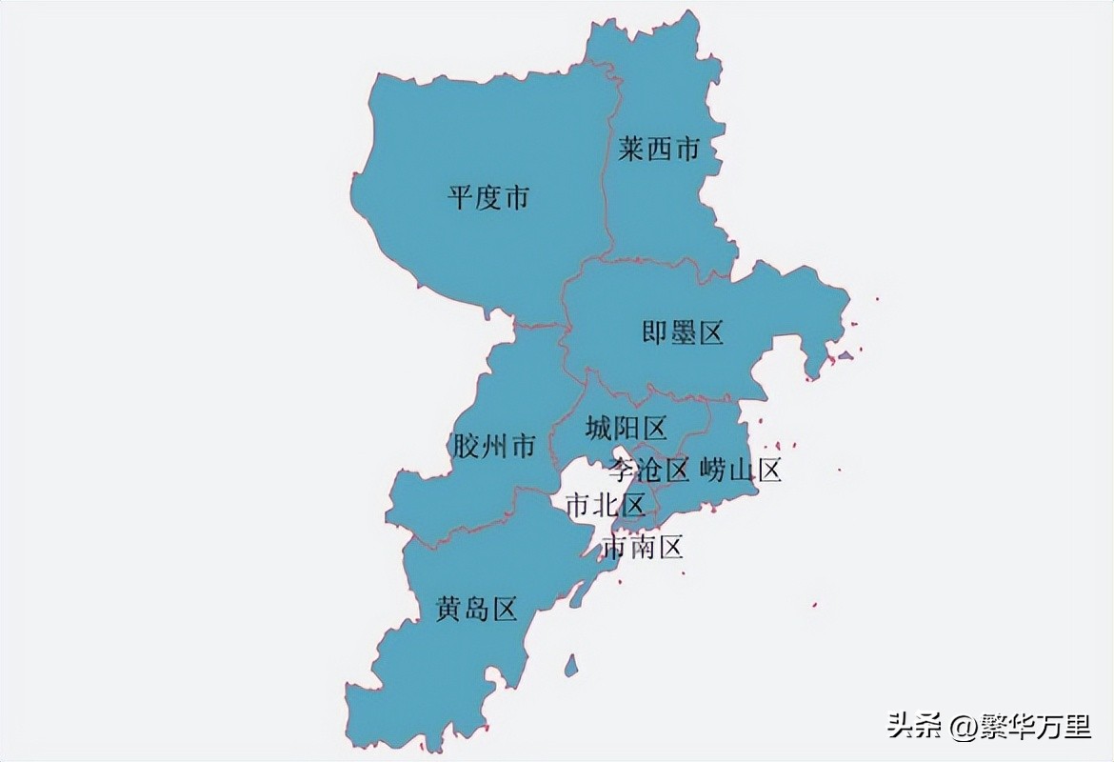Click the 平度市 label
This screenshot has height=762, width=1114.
pyautogui.click(x=488, y=198)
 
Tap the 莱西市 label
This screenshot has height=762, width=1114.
pyautogui.click(x=658, y=150)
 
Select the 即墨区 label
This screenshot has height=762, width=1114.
pyautogui.click(x=683, y=332)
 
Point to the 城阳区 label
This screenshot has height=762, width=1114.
pyautogui.click(x=626, y=429)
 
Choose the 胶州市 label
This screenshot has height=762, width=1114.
pyautogui.click(x=493, y=446)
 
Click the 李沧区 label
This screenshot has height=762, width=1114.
pyautogui.click(x=649, y=470)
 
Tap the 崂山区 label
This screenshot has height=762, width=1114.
pyautogui.click(x=741, y=470)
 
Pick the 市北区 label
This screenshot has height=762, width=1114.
pyautogui.click(x=606, y=506)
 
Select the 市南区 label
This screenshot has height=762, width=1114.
pyautogui.click(x=643, y=547)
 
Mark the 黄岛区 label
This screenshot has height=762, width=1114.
pyautogui.click(x=476, y=609)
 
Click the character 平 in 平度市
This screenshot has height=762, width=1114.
pyautogui.click(x=461, y=198)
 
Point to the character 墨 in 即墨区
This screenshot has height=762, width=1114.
pyautogui.click(x=683, y=332)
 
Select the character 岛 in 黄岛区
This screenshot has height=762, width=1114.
pyautogui.click(x=476, y=609)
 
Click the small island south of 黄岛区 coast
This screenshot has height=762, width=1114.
pyautogui.click(x=570, y=664)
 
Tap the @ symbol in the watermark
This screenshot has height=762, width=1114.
pyautogui.click(x=961, y=728)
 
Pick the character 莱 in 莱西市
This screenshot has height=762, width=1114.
pyautogui.click(x=630, y=150)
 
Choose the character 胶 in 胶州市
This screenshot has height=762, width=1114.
pyautogui.click(x=466, y=446)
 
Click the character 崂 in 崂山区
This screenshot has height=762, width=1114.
pyautogui.click(x=713, y=470)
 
